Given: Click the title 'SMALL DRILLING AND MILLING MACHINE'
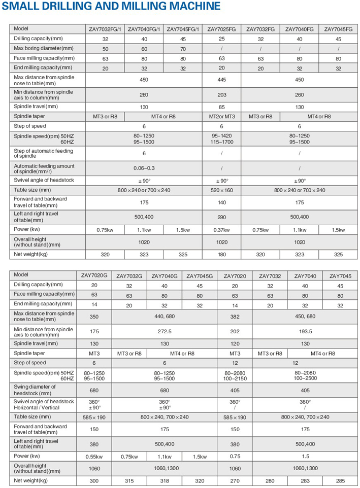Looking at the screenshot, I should (112, 7).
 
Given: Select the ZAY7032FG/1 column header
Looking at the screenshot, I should (105, 29).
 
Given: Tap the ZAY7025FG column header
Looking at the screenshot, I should (221, 29).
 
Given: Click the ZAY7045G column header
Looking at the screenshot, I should (200, 276).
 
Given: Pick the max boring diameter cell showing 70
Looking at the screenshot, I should (183, 48).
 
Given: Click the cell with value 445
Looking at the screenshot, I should (221, 80).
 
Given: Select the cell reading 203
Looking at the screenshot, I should (221, 94).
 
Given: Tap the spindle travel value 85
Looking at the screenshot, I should (221, 107).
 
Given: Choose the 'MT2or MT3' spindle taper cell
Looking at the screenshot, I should (221, 117).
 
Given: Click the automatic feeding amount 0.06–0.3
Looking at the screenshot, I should (144, 168).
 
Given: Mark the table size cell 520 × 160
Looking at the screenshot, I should (221, 190).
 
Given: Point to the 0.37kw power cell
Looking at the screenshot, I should (221, 230).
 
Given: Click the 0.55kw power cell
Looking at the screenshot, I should (94, 457).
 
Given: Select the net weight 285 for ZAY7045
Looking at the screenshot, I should (340, 480).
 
